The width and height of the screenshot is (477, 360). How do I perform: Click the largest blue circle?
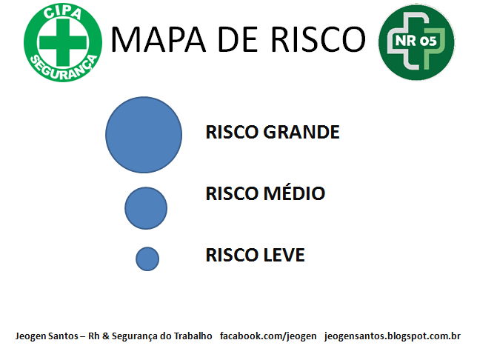click(144, 134)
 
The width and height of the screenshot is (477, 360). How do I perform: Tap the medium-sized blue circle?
click(146, 208)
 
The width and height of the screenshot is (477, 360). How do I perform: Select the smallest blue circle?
click(147, 259)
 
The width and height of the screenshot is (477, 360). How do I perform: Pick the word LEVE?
click(284, 256)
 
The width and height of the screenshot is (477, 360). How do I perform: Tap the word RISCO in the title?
click(319, 39)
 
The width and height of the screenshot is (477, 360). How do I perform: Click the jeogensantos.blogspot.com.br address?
click(393, 336)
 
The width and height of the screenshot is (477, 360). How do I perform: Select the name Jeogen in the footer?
click(31, 336)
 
